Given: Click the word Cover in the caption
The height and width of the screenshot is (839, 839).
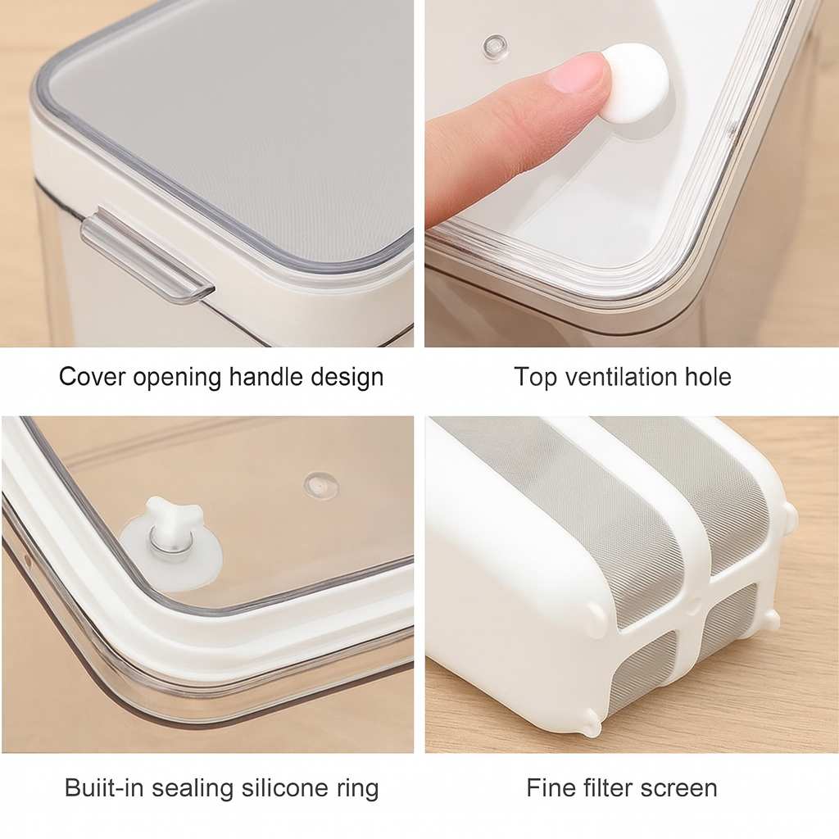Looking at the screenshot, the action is click(92, 376).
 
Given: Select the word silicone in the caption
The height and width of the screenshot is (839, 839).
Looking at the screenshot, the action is click(282, 787).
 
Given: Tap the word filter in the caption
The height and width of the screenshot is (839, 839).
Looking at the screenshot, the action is click(607, 787).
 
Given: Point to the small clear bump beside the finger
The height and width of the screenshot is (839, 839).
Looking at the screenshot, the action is click(496, 47).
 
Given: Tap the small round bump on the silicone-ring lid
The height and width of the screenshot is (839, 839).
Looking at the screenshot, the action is click(321, 483).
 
